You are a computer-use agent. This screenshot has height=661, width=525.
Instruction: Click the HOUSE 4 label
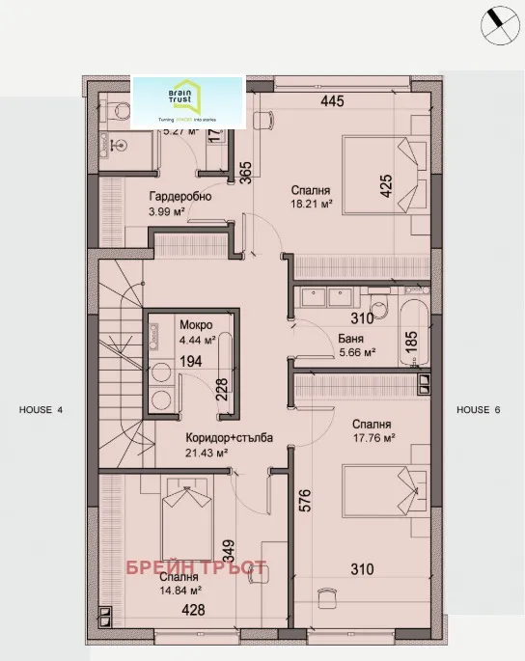(x=41, y=410)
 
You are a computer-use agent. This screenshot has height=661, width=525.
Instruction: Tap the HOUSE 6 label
(x=479, y=410)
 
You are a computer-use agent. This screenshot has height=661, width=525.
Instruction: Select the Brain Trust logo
(x=189, y=101)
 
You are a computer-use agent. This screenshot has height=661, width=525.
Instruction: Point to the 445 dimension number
(x=333, y=100)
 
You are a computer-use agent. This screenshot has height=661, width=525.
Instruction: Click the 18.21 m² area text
(x=312, y=205)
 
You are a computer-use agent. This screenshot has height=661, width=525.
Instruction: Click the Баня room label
(x=351, y=339)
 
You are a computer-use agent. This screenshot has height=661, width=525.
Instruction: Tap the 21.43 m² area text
(x=207, y=453)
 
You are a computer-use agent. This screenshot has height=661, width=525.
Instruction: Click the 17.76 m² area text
(x=375, y=438)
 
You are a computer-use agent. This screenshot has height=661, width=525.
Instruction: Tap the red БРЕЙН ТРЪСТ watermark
(x=196, y=568)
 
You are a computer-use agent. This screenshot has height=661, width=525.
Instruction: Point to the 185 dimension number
(x=410, y=340)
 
